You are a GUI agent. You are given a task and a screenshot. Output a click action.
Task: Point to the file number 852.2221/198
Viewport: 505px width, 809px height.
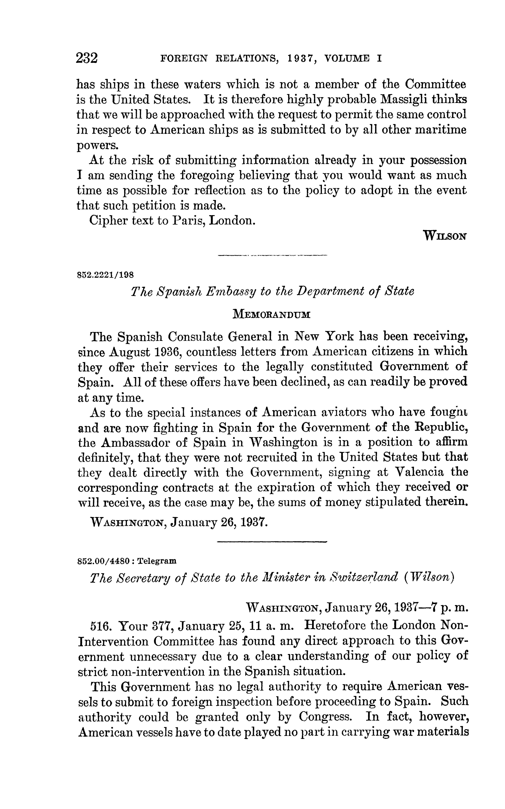coord(106,275)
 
